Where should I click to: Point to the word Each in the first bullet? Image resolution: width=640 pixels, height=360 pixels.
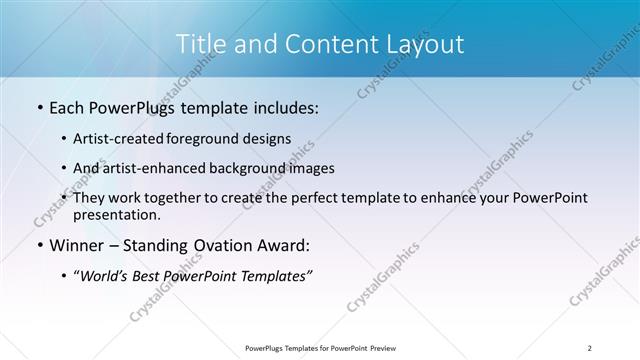click(67, 107)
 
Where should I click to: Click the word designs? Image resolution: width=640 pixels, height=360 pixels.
click(270, 139)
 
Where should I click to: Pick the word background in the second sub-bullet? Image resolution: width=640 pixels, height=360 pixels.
click(242, 168)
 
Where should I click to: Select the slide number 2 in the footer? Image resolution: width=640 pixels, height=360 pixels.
click(590, 347)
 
